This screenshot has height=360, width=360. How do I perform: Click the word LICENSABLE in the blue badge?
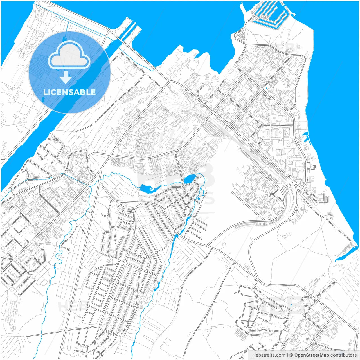[x=69, y=92]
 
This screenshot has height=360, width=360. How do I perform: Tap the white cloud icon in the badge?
[x=69, y=55]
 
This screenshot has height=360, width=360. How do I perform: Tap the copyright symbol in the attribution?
[x=291, y=355]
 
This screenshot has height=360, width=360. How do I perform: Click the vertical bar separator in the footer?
[x=287, y=355]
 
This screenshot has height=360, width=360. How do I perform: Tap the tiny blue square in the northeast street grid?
[x=266, y=89]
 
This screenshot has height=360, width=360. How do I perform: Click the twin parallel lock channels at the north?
[x=128, y=30]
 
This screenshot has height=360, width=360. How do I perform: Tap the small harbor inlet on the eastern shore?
[x=306, y=138]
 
